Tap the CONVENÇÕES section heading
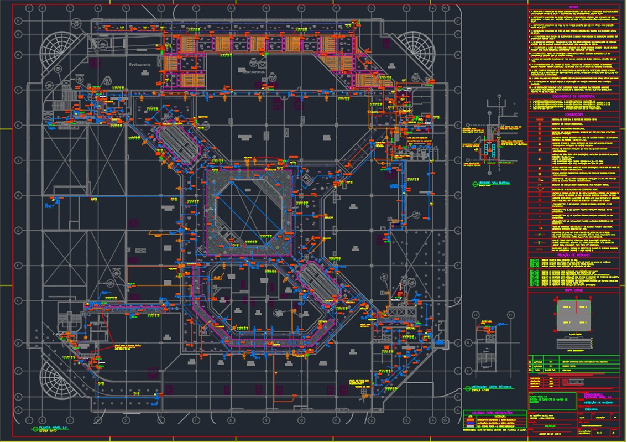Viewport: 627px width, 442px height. [x=576, y=115]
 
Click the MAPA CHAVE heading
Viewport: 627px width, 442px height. [x=576, y=288]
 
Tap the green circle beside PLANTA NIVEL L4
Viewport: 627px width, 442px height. [x=33, y=428]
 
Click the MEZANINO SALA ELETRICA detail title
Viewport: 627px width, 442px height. [x=494, y=182]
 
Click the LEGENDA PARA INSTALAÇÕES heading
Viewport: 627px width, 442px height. [x=494, y=413]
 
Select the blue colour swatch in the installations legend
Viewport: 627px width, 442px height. [x=470, y=426]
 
